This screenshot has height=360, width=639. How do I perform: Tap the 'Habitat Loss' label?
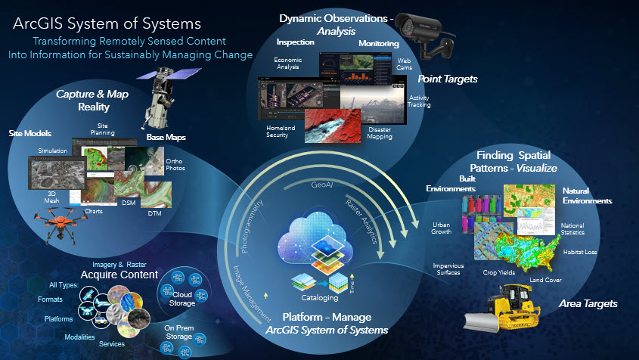coord(582,251)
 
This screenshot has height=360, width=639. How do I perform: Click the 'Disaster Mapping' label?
coord(380,133)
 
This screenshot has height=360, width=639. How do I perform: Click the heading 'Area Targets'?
coord(588,304)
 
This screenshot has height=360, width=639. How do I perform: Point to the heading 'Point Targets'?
coord(448,79)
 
